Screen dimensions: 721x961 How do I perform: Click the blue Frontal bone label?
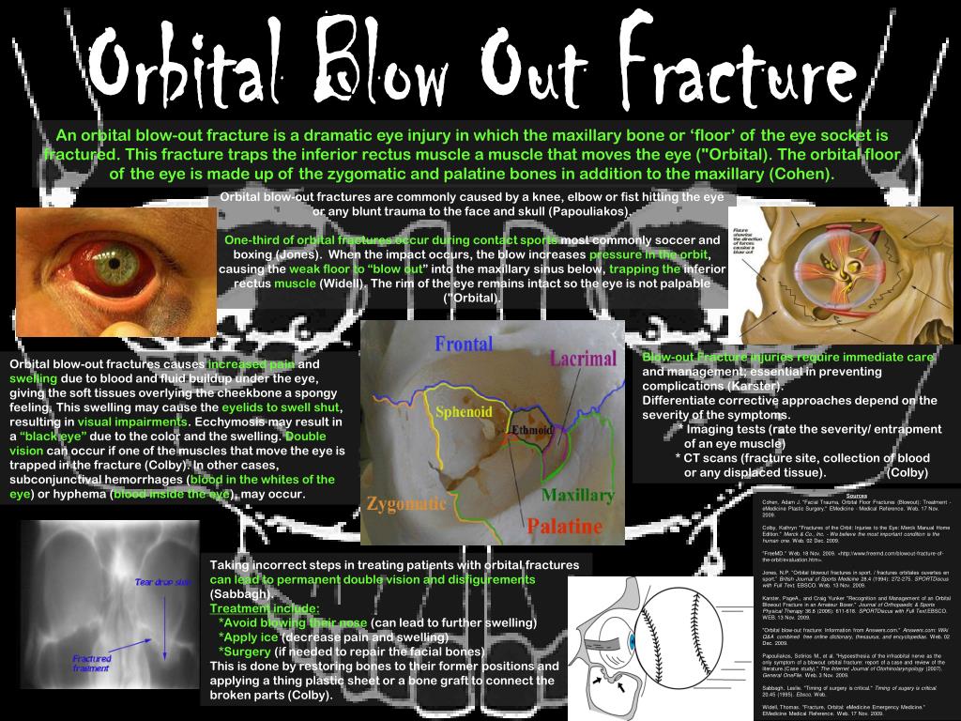(x=464, y=345)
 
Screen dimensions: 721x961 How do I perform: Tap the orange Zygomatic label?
(x=406, y=503)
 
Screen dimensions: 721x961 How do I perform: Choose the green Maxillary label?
(x=578, y=495)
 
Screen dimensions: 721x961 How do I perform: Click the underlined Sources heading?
(x=856, y=496)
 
